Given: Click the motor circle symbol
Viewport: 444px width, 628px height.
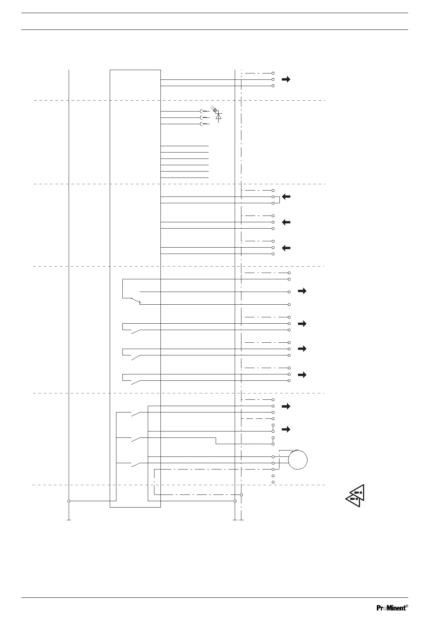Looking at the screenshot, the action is (x=298, y=460).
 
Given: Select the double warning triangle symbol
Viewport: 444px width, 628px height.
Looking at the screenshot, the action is (x=355, y=496).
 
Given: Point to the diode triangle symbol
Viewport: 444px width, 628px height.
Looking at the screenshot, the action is (x=219, y=116).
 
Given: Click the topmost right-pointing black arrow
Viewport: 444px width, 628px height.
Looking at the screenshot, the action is (x=286, y=79).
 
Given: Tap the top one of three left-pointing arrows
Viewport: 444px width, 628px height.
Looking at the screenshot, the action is (x=286, y=197).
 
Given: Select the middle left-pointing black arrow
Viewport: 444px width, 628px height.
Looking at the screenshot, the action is (x=286, y=222).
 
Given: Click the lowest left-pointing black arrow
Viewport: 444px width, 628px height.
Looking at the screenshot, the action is (x=286, y=248).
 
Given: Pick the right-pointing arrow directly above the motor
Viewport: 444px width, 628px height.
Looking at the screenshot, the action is (x=286, y=429).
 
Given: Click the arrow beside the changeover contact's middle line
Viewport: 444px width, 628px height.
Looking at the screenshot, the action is (x=302, y=291).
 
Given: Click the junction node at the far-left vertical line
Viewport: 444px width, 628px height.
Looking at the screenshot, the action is (x=69, y=501).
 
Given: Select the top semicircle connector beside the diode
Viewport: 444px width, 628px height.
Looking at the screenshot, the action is (x=202, y=111).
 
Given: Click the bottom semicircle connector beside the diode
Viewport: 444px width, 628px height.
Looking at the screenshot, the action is (x=202, y=124).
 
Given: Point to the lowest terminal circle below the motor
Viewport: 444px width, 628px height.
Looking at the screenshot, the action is (x=273, y=482).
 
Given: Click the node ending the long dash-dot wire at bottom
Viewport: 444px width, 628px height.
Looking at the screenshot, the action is (x=242, y=494).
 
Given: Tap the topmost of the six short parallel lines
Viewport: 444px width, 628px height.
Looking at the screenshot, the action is (x=184, y=146).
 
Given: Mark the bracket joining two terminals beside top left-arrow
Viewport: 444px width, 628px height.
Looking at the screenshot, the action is (x=278, y=200).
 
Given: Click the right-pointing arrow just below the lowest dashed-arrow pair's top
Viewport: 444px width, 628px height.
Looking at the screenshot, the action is (x=286, y=406).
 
